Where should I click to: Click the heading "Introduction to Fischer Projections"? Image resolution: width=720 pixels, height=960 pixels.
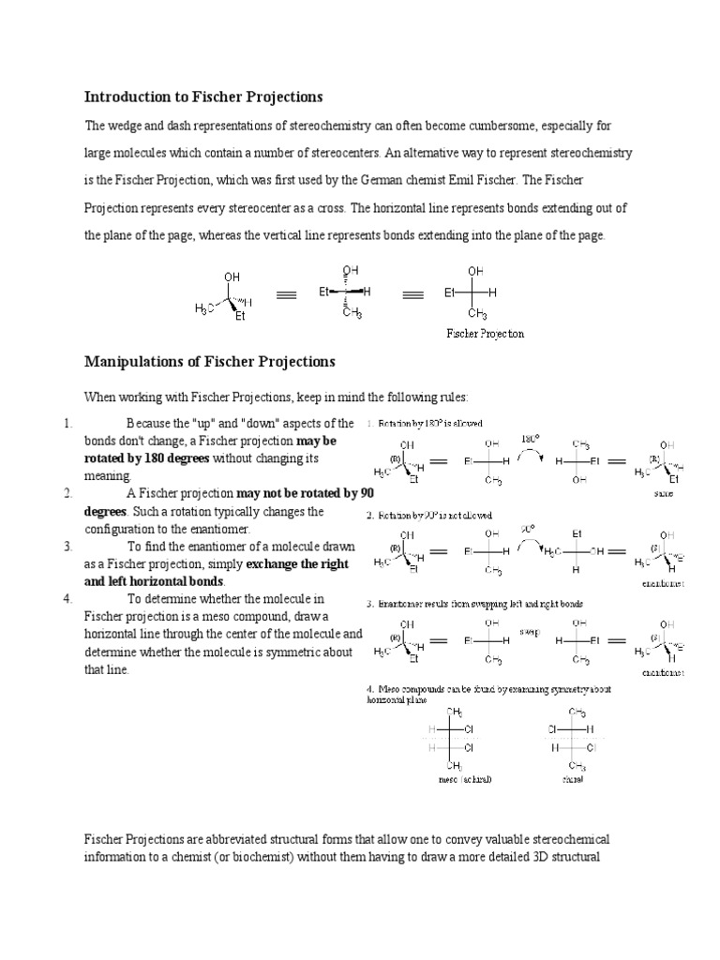tap(203, 97)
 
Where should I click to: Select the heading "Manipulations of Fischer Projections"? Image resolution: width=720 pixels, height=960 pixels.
tap(210, 361)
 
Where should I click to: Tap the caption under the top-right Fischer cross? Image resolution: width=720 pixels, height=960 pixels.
tap(484, 334)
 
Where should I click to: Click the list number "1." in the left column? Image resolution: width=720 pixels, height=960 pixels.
tap(68, 424)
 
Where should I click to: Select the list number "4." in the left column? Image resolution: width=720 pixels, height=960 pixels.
tap(68, 598)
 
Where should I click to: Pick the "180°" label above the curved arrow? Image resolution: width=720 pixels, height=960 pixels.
tap(532, 438)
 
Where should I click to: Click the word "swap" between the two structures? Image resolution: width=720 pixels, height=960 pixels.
tap(530, 631)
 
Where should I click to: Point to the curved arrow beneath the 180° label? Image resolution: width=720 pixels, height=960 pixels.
tap(532, 454)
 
